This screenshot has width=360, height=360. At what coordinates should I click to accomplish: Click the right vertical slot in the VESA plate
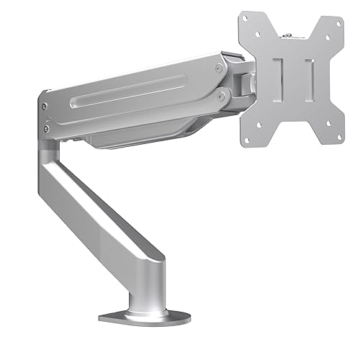(x=310, y=78)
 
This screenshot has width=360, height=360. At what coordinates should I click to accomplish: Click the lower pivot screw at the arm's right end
(x=223, y=93)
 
